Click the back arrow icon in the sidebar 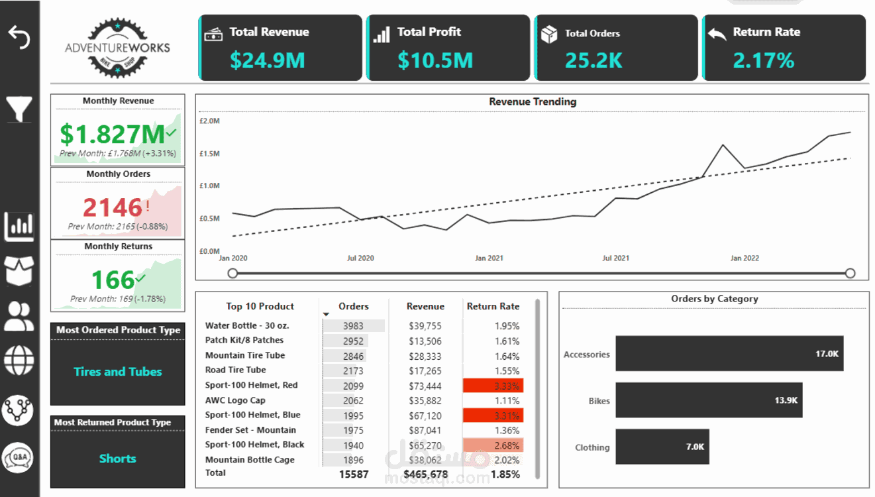pyautogui.click(x=19, y=37)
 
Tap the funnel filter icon pyautogui.click(x=19, y=109)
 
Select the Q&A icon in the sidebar pyautogui.click(x=18, y=457)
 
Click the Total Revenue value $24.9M pyautogui.click(x=268, y=60)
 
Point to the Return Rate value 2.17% pyautogui.click(x=763, y=60)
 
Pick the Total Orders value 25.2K pyautogui.click(x=593, y=60)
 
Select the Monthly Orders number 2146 pyautogui.click(x=113, y=207)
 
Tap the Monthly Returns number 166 pyautogui.click(x=113, y=280)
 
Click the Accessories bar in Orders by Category pyautogui.click(x=729, y=354)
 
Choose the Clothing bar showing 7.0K pyautogui.click(x=662, y=447)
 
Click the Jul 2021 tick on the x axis pyautogui.click(x=616, y=258)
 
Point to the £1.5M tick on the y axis pyautogui.click(x=209, y=154)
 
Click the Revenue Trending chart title pyautogui.click(x=533, y=102)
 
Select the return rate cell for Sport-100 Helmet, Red pyautogui.click(x=493, y=386)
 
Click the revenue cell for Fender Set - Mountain pyautogui.click(x=425, y=430)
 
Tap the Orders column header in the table pyautogui.click(x=354, y=306)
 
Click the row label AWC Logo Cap pyautogui.click(x=235, y=400)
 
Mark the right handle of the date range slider pyautogui.click(x=850, y=273)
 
